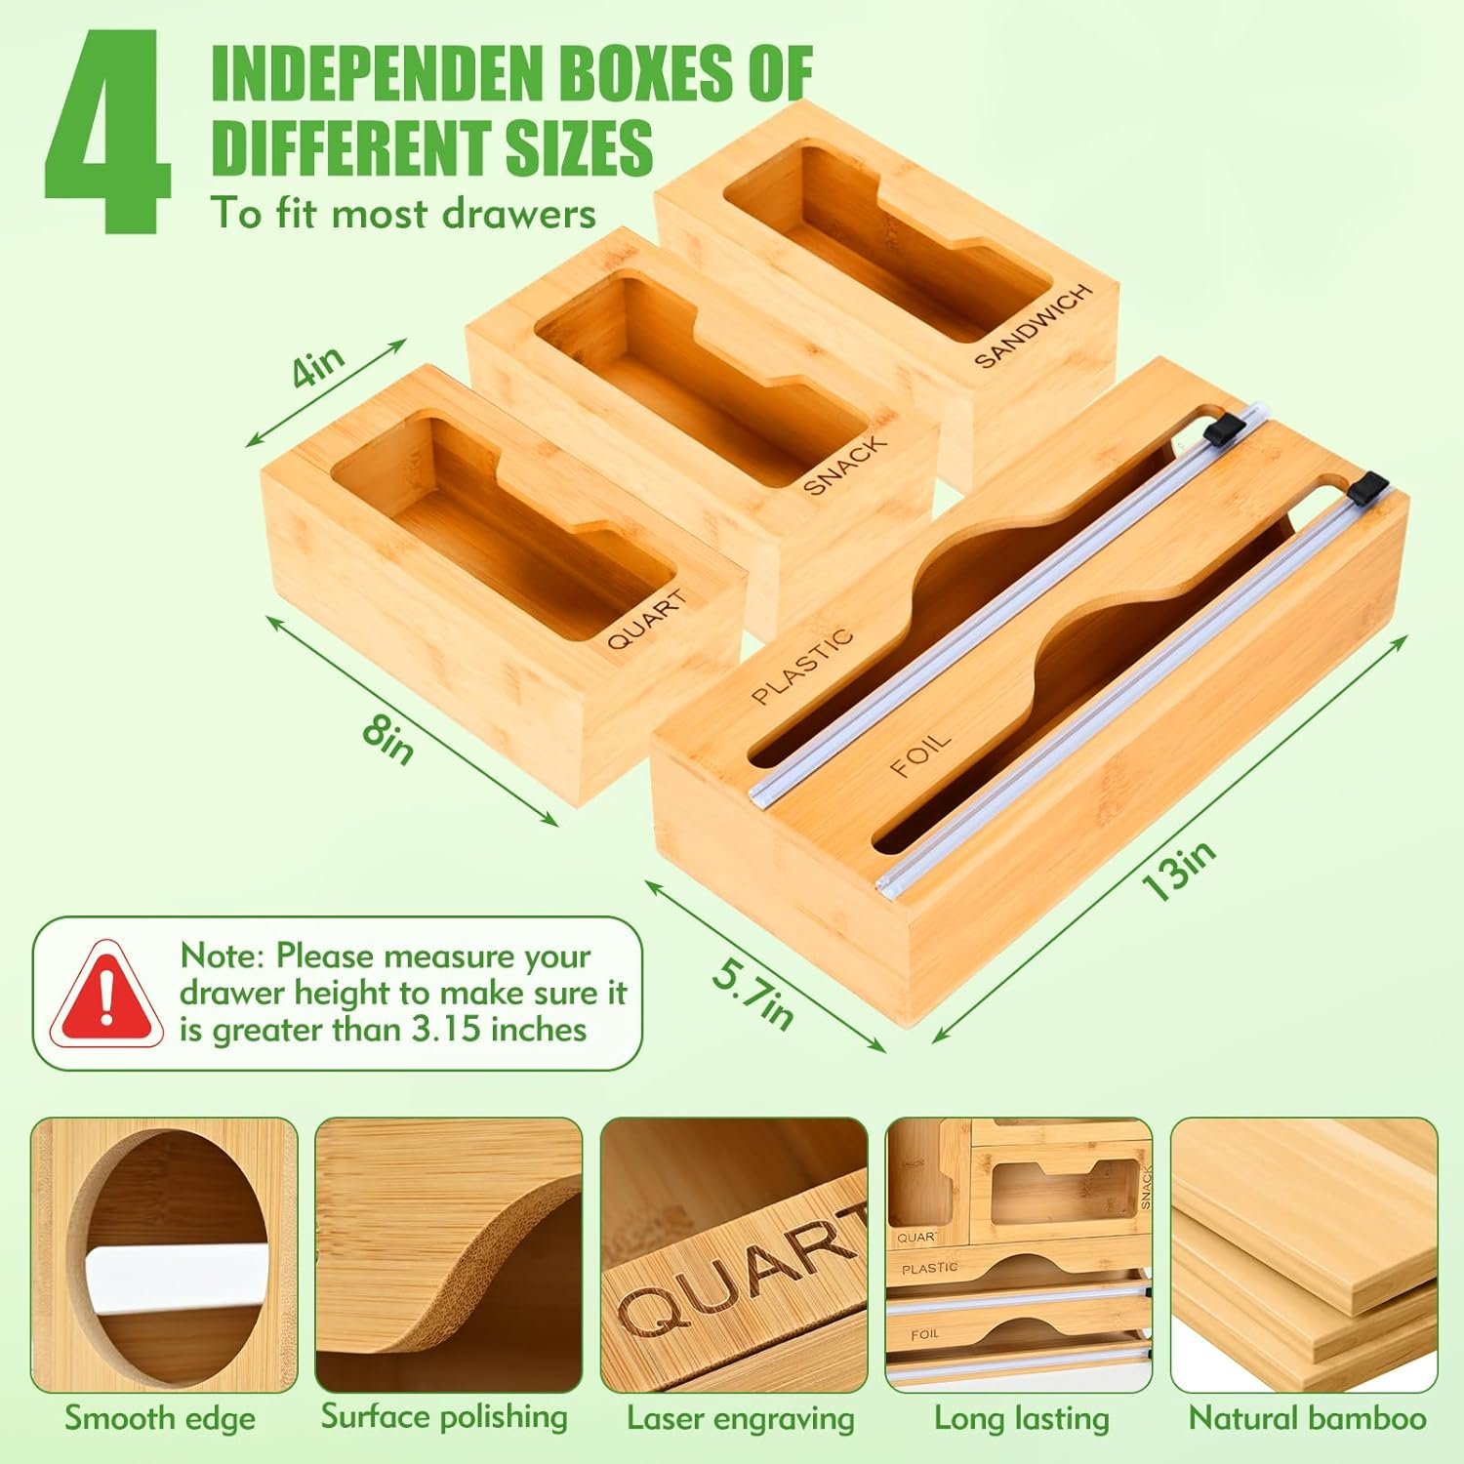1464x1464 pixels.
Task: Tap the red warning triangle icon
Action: tap(107, 993)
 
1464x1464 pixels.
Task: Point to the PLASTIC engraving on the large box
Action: tap(802, 666)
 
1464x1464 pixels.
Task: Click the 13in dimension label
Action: tap(1180, 872)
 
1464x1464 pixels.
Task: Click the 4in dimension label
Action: tap(318, 367)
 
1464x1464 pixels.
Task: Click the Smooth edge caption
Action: tap(160, 1418)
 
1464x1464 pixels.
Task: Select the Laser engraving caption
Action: tap(741, 1419)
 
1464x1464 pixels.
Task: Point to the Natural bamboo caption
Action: tap(1307, 1418)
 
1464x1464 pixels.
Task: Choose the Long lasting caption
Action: tap(1022, 1419)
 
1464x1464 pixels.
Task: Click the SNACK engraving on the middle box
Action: tap(845, 465)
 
